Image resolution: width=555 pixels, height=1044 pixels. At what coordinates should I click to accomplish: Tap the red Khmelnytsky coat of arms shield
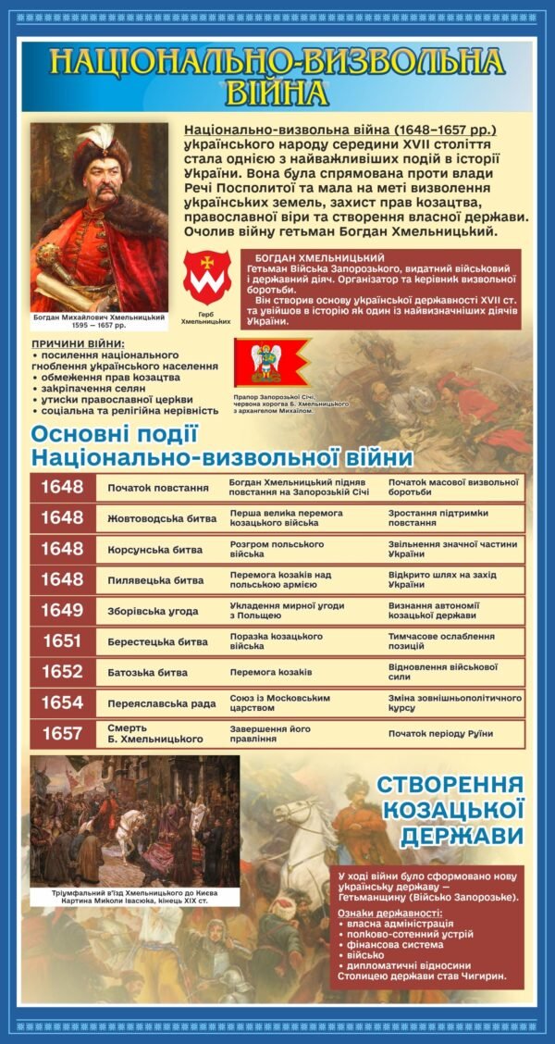pos(206,275)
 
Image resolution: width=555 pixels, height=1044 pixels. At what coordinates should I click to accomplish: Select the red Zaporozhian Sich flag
pos(272,362)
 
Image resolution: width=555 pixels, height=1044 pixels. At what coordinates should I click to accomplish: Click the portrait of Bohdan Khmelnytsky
pos(100,217)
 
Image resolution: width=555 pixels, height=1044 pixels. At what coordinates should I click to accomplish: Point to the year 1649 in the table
pos(62,610)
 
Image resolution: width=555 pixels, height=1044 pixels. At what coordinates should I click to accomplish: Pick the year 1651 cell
pos(62,641)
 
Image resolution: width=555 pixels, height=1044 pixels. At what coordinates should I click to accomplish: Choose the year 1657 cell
pos(62,734)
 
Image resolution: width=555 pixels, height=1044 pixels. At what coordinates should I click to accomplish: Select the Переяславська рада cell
pos(162,703)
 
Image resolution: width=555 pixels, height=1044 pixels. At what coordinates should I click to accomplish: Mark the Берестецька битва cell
pos(157,641)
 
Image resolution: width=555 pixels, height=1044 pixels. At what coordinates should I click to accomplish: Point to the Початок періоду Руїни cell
pos(440,734)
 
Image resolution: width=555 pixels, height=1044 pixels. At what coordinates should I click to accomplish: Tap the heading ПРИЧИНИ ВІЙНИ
pos(78,345)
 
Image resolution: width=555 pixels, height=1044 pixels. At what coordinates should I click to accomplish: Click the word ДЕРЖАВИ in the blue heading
pos(462,836)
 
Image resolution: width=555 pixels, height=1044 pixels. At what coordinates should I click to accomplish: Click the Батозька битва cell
pos(148,673)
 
